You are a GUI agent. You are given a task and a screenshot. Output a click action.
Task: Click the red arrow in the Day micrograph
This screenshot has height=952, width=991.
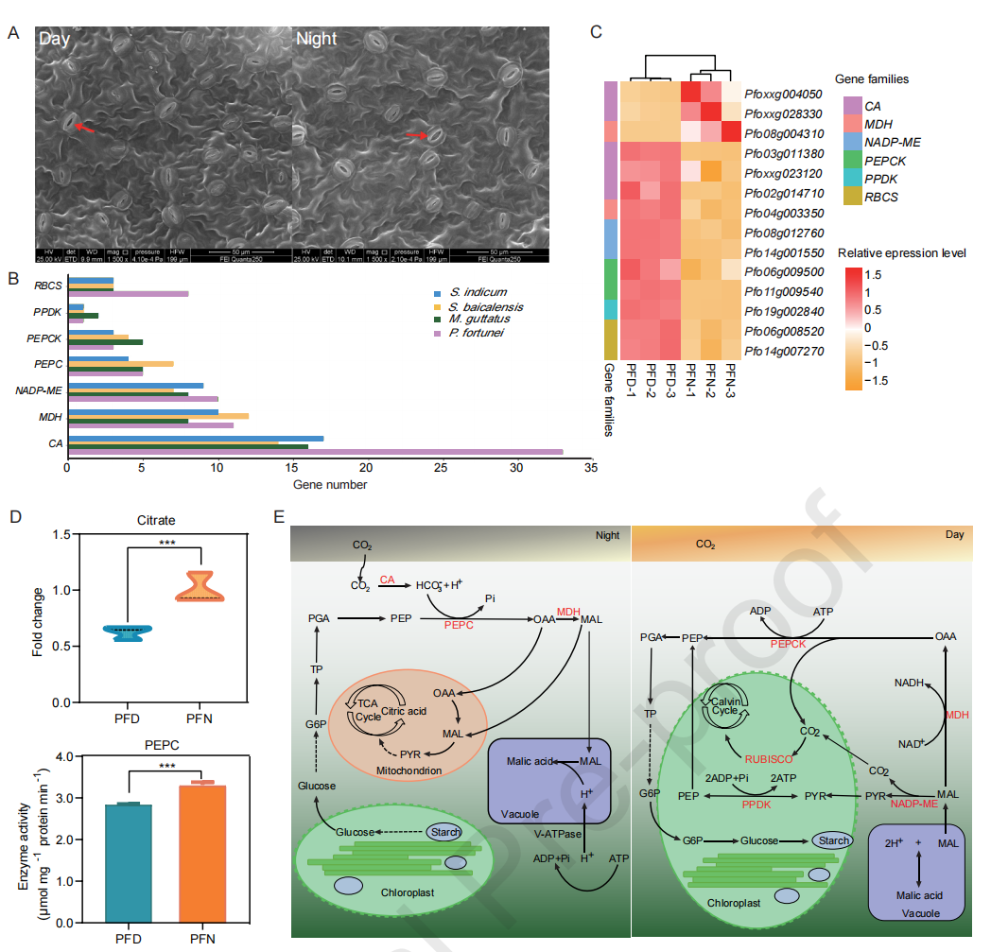coord(84,128)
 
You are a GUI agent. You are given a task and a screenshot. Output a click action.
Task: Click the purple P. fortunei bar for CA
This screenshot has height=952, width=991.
coord(314,451)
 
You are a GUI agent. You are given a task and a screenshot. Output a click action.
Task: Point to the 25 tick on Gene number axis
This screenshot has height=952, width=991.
coord(442,468)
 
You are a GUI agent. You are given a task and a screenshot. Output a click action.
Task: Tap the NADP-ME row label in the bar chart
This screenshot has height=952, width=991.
coord(37,389)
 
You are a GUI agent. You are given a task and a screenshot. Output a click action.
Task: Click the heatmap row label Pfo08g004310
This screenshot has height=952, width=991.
coord(783,134)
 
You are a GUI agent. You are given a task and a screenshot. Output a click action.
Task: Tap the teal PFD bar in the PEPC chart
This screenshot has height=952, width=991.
coord(129,861)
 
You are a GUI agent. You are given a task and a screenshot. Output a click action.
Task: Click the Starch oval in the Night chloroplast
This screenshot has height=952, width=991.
coord(443,832)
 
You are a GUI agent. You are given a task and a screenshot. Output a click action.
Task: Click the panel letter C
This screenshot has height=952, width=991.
coord(596,31)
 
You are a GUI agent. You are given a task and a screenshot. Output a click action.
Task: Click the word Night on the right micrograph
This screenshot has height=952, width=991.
coord(316,40)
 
